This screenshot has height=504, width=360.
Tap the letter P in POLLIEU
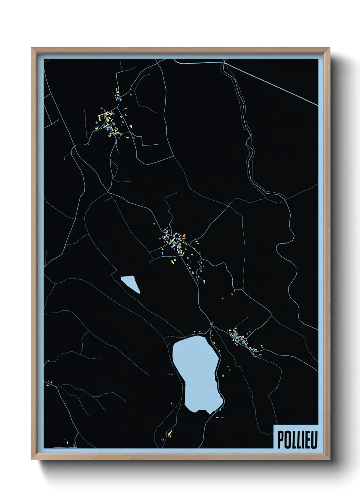click(x=280, y=440)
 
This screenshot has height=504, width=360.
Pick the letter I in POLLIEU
click(x=301, y=440)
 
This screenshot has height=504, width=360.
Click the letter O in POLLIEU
click(x=287, y=440)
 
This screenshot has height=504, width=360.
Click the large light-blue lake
click(x=197, y=371)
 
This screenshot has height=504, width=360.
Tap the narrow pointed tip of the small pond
click(x=139, y=293)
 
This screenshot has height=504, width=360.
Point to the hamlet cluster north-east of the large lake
click(x=242, y=339)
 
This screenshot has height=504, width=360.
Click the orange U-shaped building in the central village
click(x=184, y=235)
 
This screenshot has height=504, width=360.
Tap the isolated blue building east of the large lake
click(x=223, y=376)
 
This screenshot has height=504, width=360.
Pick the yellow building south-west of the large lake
click(x=169, y=433)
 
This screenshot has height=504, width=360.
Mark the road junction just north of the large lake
click(x=211, y=327)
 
